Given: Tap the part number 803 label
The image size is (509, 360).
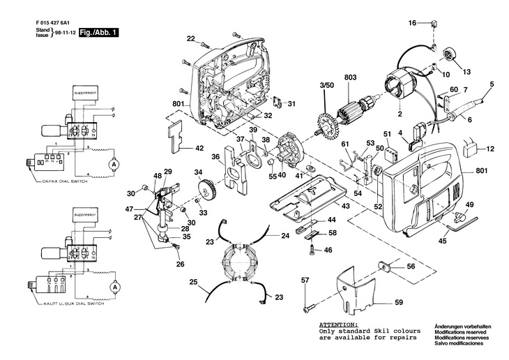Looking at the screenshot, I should coord(351,77).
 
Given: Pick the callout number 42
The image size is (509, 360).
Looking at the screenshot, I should coord(200,148).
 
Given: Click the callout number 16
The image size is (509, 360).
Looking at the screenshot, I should coord(412,23).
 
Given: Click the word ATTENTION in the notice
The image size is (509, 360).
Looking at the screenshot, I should coord(338,324).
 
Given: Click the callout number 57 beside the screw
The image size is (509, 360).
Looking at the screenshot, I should coord(305,280).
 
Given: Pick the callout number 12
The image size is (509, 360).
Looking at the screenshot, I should coord(490,149).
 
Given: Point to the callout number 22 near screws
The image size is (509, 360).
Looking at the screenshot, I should coord(190,38).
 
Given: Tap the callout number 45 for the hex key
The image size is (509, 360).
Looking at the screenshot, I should coord(443,241).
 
